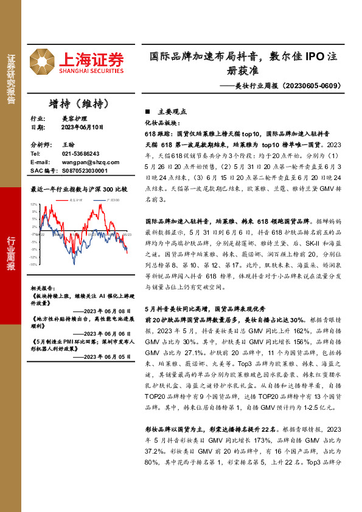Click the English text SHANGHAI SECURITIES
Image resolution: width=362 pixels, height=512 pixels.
[x=91, y=71]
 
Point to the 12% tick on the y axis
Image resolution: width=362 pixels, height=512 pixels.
[x=33, y=204]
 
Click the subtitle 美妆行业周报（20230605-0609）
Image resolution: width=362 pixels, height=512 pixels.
[x=285, y=86]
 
